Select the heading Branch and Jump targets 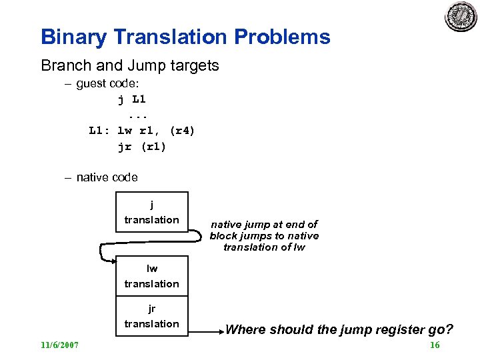[130, 65]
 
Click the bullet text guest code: [111, 84]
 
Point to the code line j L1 [132, 99]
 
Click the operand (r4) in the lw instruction [182, 131]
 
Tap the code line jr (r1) [141, 147]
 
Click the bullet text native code [107, 177]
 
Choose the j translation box [152, 212]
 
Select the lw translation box [152, 276]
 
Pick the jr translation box [152, 316]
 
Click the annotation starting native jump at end [264, 235]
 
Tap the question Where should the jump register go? [339, 329]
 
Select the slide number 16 [435, 345]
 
